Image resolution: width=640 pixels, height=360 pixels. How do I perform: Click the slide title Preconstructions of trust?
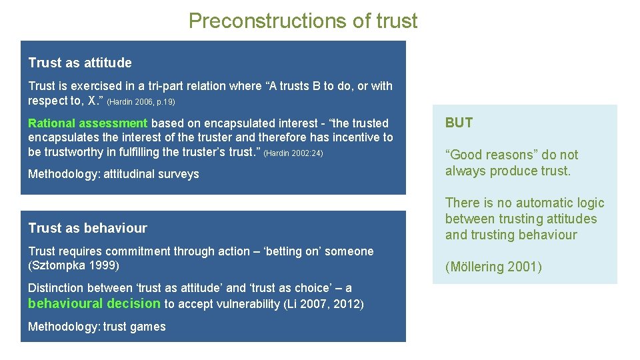tap(303, 21)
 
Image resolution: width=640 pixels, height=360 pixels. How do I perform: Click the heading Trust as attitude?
tap(80, 63)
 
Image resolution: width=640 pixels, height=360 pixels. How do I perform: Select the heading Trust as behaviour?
tap(87, 228)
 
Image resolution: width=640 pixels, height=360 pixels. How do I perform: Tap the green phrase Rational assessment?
tap(87, 123)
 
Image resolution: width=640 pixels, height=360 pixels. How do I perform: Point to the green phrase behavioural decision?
tap(94, 303)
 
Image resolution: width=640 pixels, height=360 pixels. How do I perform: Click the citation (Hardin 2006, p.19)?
tap(141, 102)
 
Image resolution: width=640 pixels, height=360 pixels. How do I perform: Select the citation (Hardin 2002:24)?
tap(293, 153)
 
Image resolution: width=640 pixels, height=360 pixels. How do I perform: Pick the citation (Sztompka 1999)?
tap(73, 266)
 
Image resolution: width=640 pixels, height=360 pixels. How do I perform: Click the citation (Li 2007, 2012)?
tap(323, 305)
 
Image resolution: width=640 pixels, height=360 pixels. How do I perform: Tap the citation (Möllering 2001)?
tap(493, 267)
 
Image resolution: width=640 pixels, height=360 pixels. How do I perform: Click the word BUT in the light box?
tap(459, 123)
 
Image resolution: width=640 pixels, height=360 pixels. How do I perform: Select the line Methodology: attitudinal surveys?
tap(113, 174)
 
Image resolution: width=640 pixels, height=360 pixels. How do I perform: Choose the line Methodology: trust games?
tap(97, 327)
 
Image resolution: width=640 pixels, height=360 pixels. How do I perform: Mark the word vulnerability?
tap(248, 305)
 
